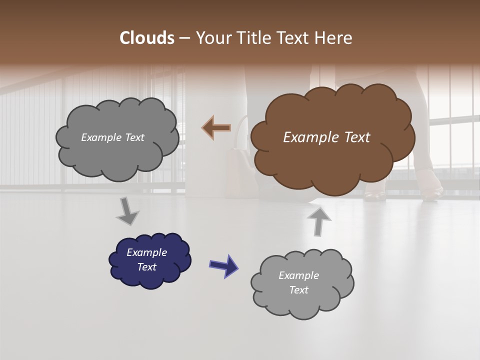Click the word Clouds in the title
pyautogui.click(x=147, y=38)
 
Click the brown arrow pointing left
pyautogui.click(x=216, y=128)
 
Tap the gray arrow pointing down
pyautogui.click(x=128, y=212)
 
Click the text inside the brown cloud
pyautogui.click(x=326, y=137)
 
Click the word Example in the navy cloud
pyautogui.click(x=146, y=252)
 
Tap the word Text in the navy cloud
pyautogui.click(x=146, y=267)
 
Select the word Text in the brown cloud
pyautogui.click(x=355, y=137)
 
